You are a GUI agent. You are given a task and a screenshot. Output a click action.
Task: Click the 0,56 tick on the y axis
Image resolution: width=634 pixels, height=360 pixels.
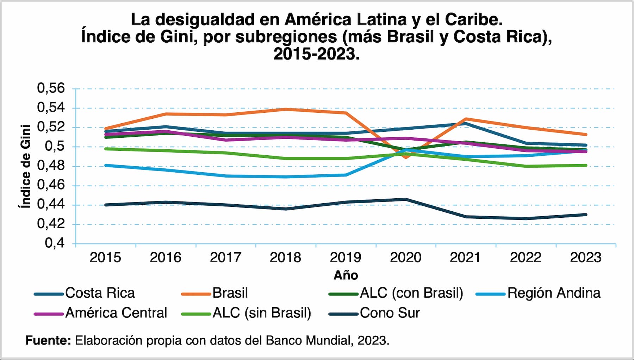(x=51, y=88)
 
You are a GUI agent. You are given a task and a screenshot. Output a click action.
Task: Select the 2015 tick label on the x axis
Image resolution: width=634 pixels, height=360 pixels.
(x=105, y=257)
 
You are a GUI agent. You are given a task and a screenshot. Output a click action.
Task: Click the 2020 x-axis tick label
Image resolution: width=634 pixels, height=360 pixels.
(x=405, y=257)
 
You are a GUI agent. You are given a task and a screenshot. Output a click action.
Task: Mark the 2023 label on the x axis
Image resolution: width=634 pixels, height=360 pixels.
(x=586, y=257)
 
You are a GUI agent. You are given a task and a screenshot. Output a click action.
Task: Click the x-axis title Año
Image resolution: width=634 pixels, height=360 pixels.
(x=346, y=275)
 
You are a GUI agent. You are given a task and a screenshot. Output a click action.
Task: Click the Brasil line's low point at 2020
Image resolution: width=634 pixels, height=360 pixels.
(x=406, y=157)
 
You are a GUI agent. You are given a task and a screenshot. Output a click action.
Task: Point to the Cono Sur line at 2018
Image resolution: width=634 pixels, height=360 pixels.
(x=286, y=209)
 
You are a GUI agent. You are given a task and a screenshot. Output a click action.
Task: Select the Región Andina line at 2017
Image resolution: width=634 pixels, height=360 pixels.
(x=226, y=176)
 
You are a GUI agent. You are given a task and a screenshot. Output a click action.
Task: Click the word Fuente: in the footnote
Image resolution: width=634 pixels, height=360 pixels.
(x=48, y=341)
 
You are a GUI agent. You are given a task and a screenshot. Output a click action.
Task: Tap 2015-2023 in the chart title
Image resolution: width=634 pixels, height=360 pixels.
(x=316, y=54)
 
